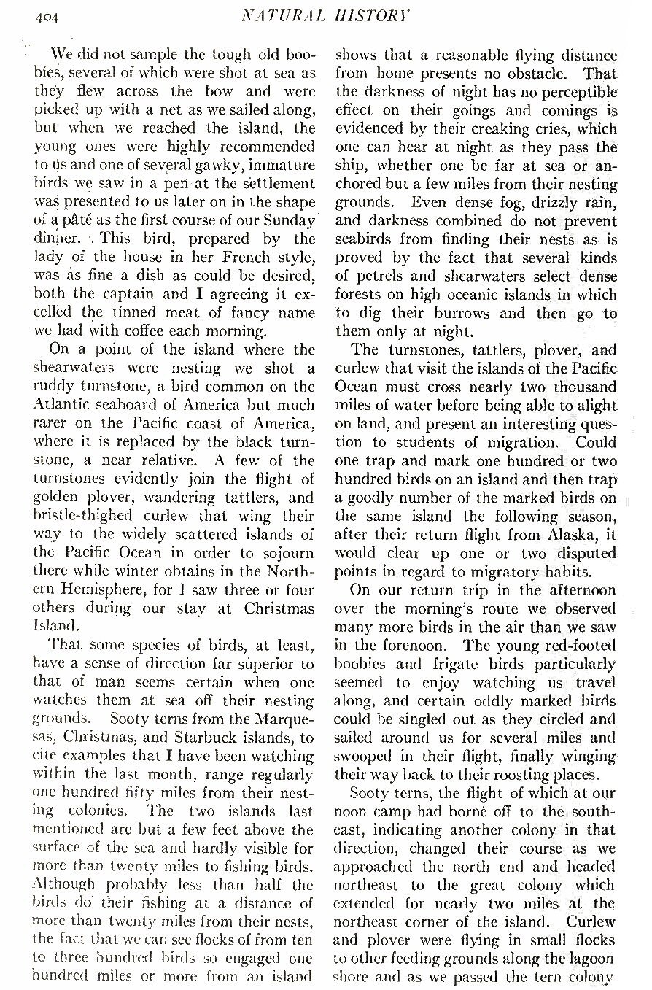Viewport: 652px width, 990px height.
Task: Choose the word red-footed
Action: tap(580, 646)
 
